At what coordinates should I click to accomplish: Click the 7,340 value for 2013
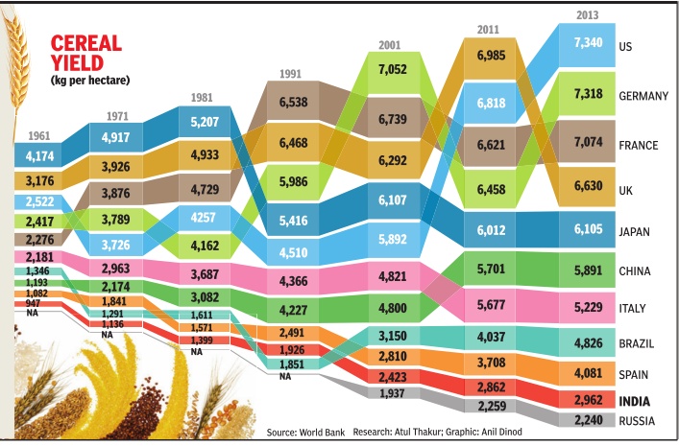coord(589,43)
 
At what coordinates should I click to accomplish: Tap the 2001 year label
coord(389,44)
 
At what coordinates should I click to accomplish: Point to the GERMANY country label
coord(644,96)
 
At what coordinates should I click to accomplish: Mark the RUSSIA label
coord(639,420)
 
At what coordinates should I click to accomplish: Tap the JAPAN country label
coord(637,230)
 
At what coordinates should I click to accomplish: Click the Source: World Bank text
coord(305,433)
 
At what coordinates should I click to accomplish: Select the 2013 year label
coord(589,14)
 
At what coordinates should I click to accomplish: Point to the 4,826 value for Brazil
coord(589,342)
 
